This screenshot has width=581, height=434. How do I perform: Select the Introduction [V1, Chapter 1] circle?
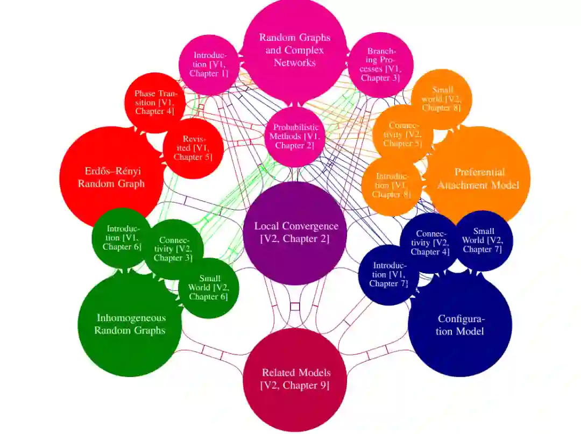pyautogui.click(x=209, y=65)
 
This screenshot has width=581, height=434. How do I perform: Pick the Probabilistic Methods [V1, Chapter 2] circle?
pyautogui.click(x=295, y=136)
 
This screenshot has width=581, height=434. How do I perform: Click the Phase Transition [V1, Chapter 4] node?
pyautogui.click(x=155, y=102)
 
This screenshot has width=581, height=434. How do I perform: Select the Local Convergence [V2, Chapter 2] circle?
pyautogui.click(x=295, y=232)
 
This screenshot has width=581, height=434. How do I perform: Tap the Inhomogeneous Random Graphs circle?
pyautogui.click(x=130, y=324)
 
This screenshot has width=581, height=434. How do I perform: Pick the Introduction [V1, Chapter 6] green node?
pyautogui.click(x=122, y=238)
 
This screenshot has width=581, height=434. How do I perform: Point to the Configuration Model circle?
pyautogui.click(x=460, y=325)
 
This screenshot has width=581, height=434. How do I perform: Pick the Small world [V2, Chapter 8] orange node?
pyautogui.click(x=441, y=99)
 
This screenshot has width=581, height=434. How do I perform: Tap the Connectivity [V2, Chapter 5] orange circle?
pyautogui.click(x=402, y=134)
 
